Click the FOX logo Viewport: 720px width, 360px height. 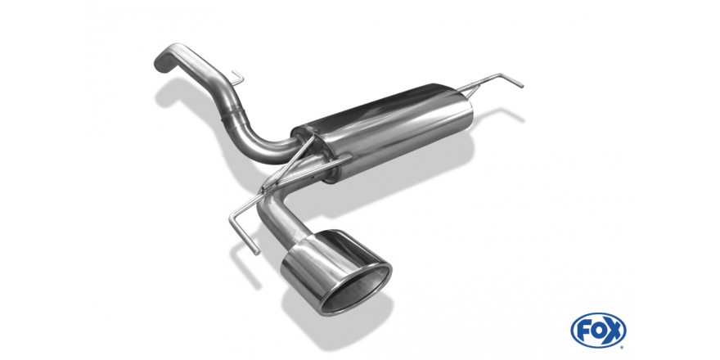pos(598,331)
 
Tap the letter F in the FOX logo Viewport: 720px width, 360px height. pos(583,331)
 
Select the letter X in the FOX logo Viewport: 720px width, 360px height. pos(614,330)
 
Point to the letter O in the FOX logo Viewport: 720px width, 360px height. pos(598,331)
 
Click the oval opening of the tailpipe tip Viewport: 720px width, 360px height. pos(357,291)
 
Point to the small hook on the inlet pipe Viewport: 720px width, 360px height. pos(237,78)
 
